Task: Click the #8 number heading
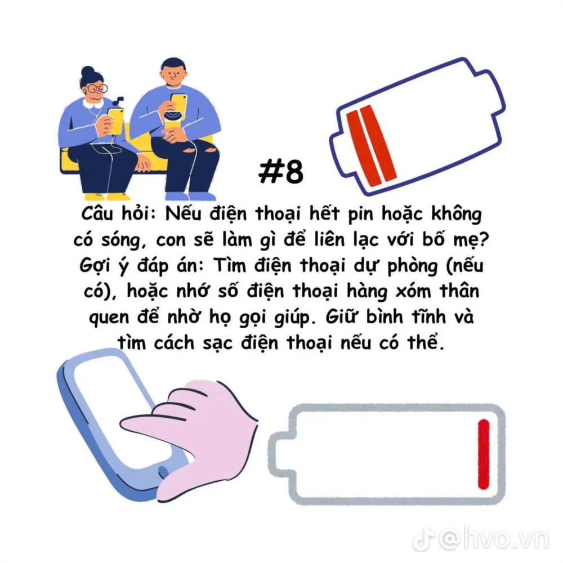281,172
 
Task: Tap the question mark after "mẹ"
484,239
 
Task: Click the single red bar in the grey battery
484,454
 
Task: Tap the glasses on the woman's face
97,88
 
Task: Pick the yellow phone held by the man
179,106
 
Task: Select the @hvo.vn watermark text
495,539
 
